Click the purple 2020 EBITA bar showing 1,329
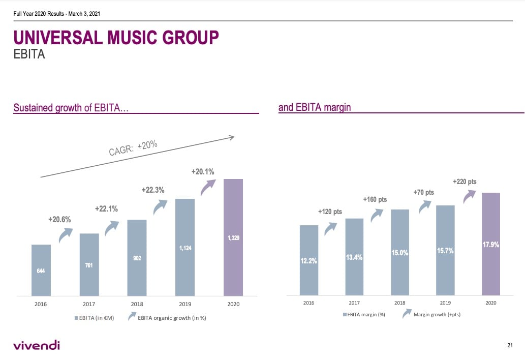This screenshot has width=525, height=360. click(x=233, y=237)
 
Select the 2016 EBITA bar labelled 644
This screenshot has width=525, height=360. click(x=41, y=270)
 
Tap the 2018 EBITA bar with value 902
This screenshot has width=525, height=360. click(x=137, y=258)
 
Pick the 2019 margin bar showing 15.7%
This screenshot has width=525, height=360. click(x=445, y=250)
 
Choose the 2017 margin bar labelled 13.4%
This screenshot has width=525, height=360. click(x=354, y=257)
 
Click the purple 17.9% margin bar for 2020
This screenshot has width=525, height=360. click(x=490, y=244)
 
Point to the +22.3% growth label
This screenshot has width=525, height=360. click(x=152, y=190)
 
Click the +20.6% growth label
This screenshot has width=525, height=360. click(x=59, y=220)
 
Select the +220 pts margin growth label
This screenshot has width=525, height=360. click(x=465, y=182)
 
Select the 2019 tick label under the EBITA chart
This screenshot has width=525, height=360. click(x=185, y=304)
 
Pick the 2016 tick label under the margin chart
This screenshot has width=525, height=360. click(x=308, y=303)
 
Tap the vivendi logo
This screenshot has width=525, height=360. click(x=37, y=346)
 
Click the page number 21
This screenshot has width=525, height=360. click(x=510, y=346)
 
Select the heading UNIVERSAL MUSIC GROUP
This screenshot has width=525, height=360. click(x=116, y=38)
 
